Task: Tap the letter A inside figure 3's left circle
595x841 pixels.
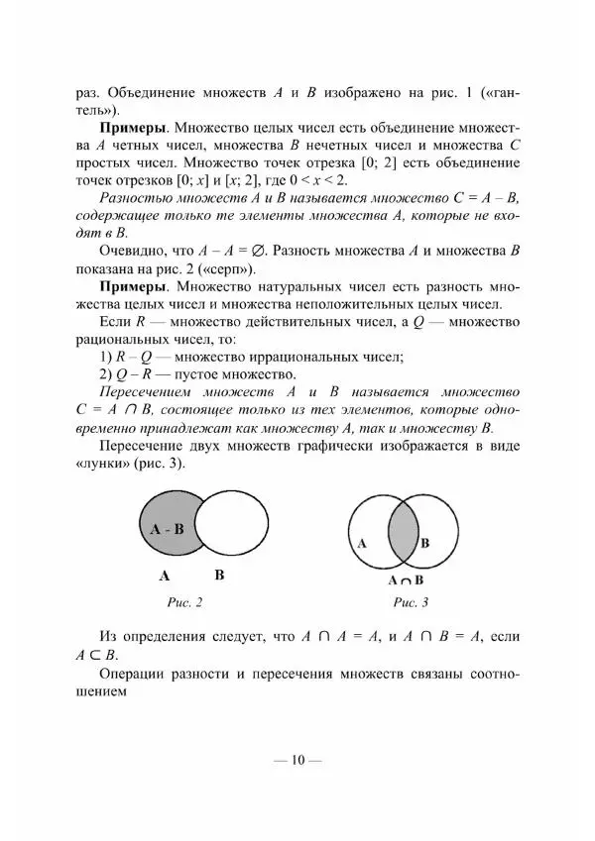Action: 361,544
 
